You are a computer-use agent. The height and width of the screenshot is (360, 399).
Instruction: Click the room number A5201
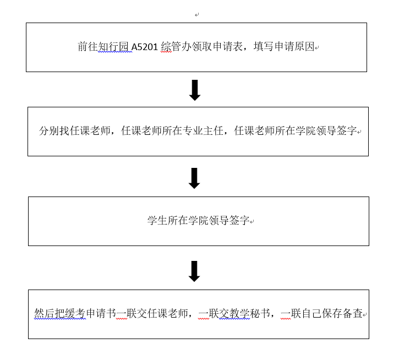point(145,47)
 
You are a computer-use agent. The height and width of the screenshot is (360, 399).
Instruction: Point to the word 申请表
point(228,47)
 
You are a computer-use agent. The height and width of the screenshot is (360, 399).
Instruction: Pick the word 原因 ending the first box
point(304,47)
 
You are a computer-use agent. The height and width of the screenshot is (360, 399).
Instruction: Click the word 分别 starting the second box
point(49,131)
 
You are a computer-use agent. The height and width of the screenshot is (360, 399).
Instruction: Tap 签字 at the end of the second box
point(347,131)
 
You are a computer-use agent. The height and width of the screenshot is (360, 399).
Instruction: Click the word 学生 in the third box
point(157,221)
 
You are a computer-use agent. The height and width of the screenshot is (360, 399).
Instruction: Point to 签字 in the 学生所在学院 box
point(239,221)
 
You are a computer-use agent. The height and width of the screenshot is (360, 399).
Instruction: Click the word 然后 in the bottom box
point(45,313)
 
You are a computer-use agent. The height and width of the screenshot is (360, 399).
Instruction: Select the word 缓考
point(75,313)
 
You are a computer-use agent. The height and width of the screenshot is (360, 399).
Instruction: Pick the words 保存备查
point(342,313)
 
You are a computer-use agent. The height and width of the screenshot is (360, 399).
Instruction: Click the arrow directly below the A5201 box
point(195,90)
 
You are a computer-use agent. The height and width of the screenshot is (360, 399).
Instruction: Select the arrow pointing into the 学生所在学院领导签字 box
point(194,178)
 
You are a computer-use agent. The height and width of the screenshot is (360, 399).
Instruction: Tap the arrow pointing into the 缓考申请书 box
point(194,271)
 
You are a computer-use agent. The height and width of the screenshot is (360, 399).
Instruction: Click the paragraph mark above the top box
point(196,15)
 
